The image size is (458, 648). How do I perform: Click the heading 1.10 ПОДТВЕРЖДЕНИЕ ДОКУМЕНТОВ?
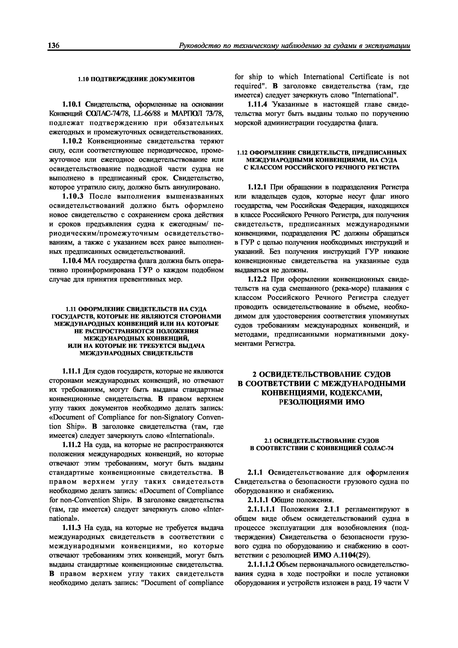(x=136, y=79)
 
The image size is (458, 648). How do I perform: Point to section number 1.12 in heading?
(x=242, y=153)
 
